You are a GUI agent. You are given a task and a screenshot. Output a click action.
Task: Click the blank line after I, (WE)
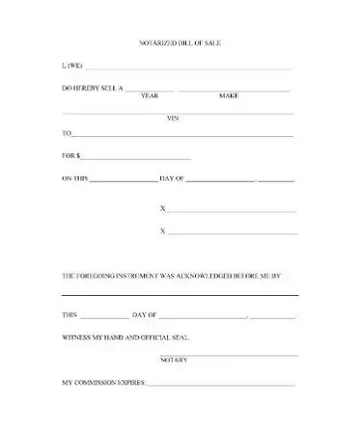tap(189, 69)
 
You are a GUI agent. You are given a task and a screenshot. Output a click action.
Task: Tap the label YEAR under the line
tap(150, 96)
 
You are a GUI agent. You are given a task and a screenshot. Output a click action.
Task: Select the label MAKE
tap(229, 96)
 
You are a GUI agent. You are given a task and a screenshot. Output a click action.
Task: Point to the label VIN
tap(174, 119)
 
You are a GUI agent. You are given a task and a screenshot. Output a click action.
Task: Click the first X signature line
tap(232, 211)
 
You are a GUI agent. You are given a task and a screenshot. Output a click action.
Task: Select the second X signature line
tap(232, 233)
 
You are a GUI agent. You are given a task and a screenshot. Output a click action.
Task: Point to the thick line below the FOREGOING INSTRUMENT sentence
tap(180, 294)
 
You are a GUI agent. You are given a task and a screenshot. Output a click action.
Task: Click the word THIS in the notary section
tap(69, 316)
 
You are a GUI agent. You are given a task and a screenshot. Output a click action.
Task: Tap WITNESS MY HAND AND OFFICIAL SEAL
tap(125, 338)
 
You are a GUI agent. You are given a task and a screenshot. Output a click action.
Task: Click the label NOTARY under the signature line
tap(175, 360)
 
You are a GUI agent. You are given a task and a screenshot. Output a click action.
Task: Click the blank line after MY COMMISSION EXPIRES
tap(222, 385)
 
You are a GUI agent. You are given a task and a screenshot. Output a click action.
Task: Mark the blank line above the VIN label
tap(179, 113)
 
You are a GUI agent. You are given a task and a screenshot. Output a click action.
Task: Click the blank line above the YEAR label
tap(151, 91)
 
